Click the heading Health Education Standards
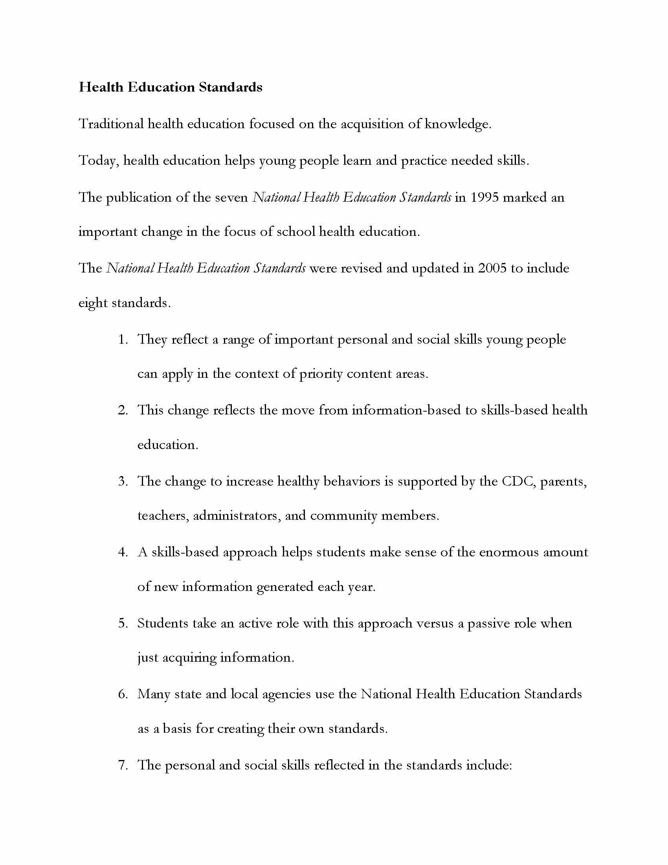pyautogui.click(x=170, y=87)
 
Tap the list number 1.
pyautogui.click(x=123, y=340)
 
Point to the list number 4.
pyautogui.click(x=123, y=552)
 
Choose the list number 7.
pyautogui.click(x=123, y=765)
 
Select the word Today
pyautogui.click(x=99, y=161)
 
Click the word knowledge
pyautogui.click(x=457, y=124)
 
